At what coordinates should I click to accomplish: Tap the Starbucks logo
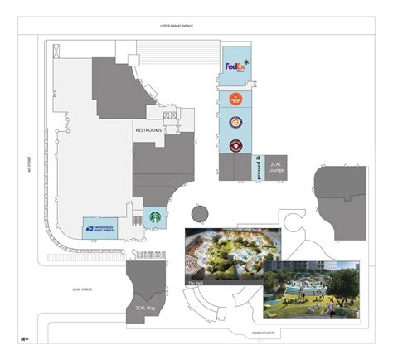click(154, 217)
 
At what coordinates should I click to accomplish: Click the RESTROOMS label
click(148, 131)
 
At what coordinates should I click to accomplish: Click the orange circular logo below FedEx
click(235, 100)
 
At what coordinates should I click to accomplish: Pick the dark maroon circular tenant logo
click(235, 146)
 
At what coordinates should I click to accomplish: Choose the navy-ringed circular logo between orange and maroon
click(235, 123)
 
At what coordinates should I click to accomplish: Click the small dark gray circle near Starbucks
click(199, 213)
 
